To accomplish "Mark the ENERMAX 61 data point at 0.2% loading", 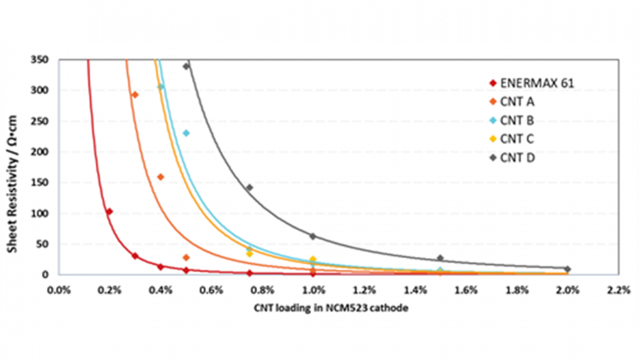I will coord(109,212).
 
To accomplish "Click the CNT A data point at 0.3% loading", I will coord(135,95).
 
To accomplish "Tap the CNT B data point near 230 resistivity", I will coord(186,133).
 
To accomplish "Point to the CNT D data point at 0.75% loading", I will coord(249,188).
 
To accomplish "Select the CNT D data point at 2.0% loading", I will coord(567,269).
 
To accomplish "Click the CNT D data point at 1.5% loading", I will coord(440,258).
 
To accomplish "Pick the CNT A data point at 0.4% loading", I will coord(160,177).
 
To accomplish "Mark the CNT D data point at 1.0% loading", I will coord(313,237).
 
